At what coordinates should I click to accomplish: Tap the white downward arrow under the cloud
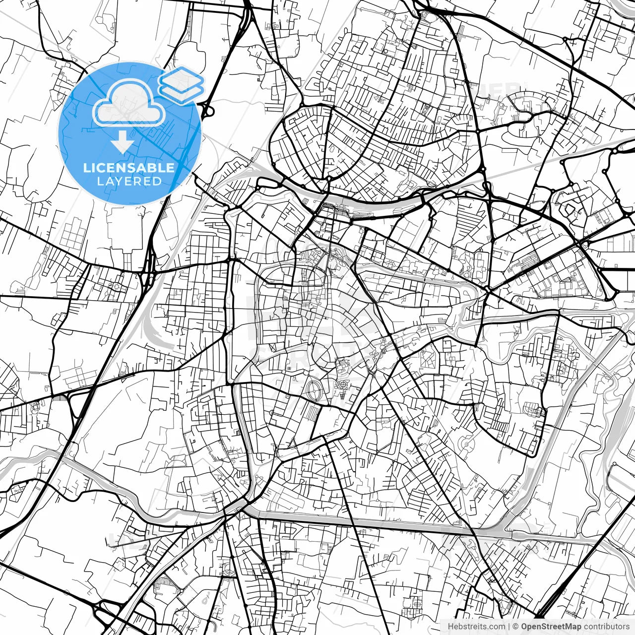122,143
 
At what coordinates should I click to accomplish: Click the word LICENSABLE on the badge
129,168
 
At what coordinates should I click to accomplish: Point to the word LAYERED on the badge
129,181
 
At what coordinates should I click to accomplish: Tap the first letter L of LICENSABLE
86,168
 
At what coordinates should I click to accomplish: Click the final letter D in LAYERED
157,181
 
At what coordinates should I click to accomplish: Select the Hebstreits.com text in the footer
476,627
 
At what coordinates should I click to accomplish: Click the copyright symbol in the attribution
515,627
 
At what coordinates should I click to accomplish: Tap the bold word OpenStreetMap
551,627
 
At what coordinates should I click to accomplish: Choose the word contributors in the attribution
606,627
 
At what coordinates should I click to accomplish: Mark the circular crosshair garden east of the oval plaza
343,384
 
